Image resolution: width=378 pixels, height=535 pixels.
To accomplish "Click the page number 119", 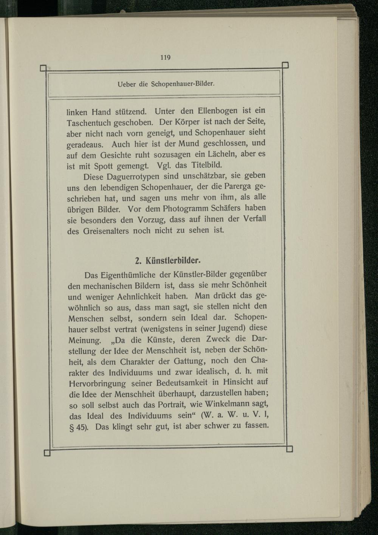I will point(166,58).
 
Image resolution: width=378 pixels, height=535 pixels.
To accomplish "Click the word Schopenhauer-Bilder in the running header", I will point(183,83).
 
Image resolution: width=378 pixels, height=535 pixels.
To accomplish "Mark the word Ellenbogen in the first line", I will point(215,111).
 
